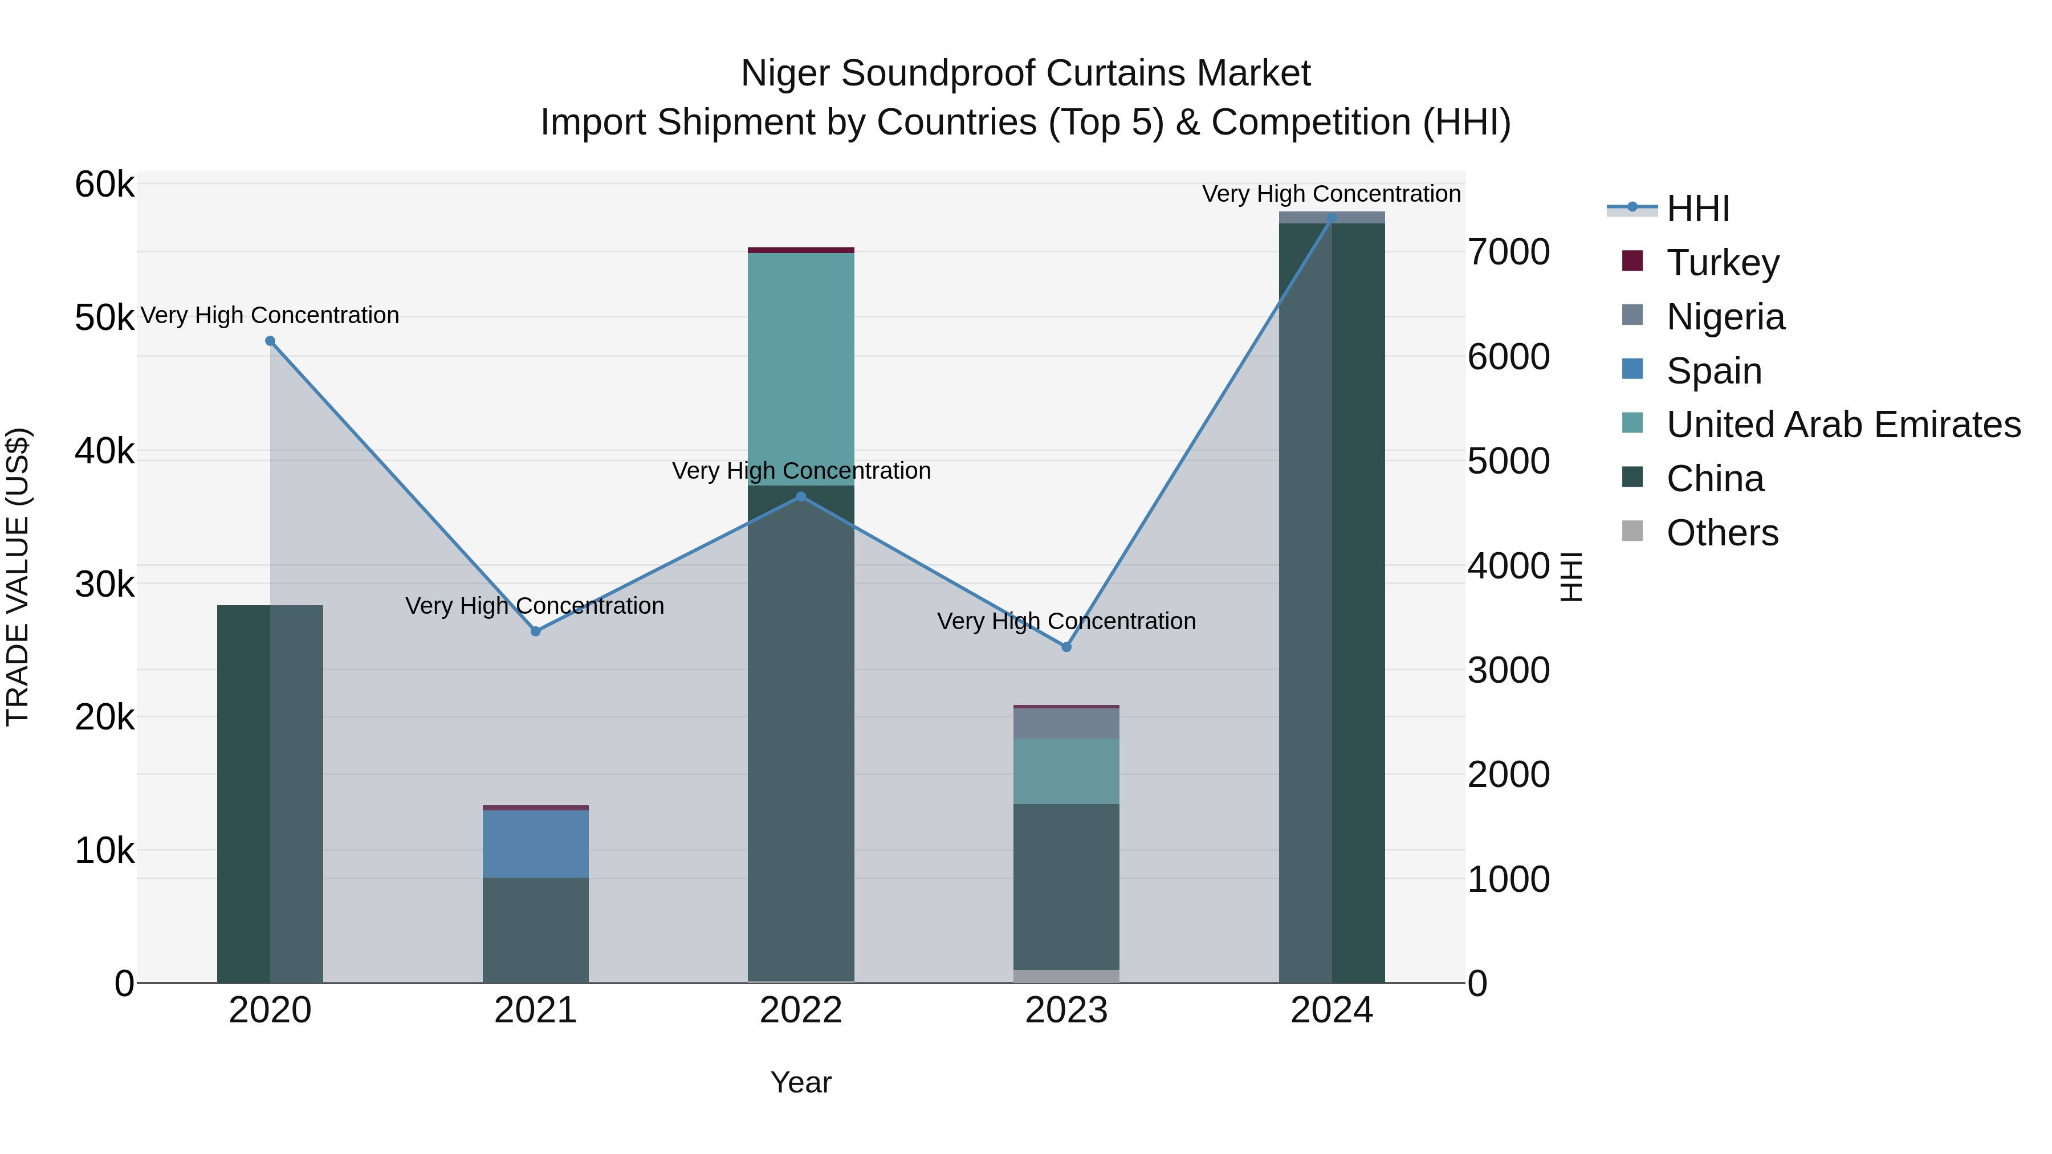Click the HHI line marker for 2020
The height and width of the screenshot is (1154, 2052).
[270, 341]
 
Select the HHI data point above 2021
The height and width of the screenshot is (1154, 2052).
[535, 631]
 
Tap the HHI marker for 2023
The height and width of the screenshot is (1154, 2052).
[1066, 647]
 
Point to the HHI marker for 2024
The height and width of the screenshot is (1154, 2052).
[1332, 218]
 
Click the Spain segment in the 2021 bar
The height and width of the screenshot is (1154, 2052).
[535, 843]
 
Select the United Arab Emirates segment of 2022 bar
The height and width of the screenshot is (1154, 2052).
[801, 369]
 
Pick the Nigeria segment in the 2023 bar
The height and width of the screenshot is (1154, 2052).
[1066, 723]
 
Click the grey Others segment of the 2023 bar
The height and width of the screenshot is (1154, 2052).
[1066, 976]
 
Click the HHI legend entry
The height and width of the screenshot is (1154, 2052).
[1697, 209]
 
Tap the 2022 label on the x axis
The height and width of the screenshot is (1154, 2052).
[801, 1010]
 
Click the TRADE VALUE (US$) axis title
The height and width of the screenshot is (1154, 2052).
[18, 577]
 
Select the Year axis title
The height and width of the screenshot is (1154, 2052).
[801, 1082]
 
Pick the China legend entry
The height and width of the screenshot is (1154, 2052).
[1714, 479]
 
